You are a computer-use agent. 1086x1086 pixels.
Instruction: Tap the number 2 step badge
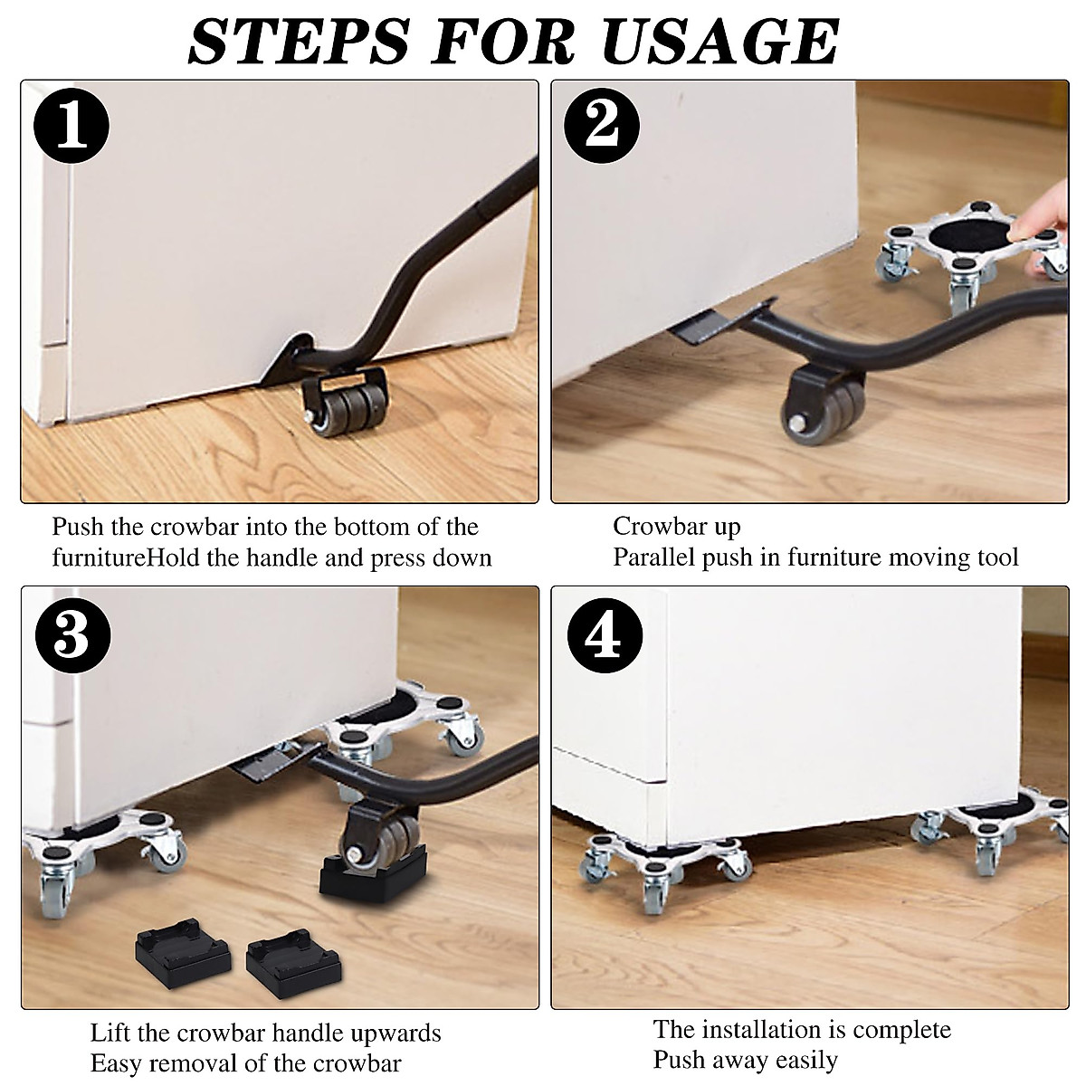[x=602, y=128]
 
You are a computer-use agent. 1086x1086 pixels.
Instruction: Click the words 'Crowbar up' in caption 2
[x=676, y=526]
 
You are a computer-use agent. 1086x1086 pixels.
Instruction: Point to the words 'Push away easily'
[x=745, y=1059]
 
